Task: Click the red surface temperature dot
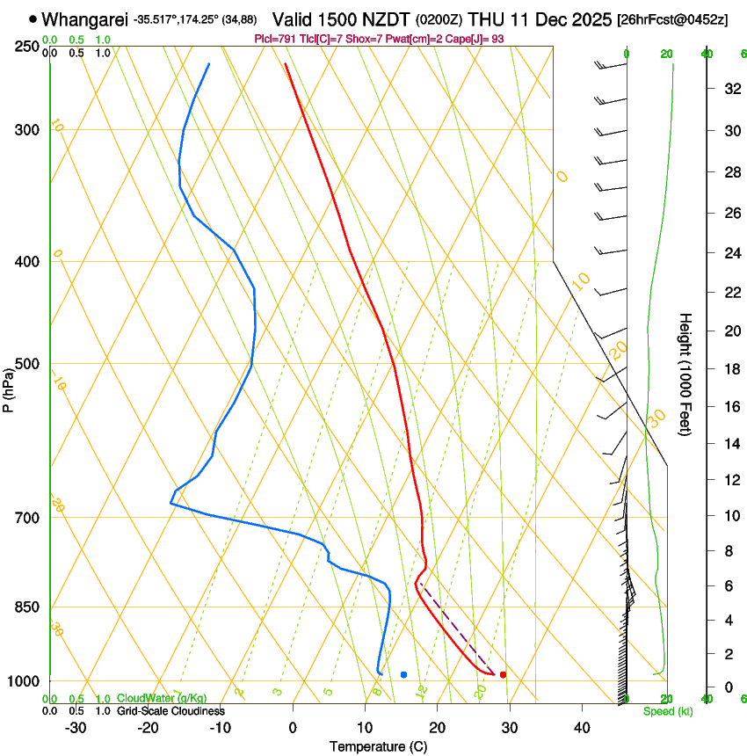click(x=503, y=674)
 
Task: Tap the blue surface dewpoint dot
click(x=403, y=674)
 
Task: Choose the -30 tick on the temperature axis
click(x=76, y=728)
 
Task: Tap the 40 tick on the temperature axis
click(x=582, y=728)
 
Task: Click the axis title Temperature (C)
click(x=378, y=746)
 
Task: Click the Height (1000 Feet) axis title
click(x=685, y=374)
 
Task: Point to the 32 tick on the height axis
click(x=730, y=88)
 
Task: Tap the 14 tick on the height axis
click(x=730, y=444)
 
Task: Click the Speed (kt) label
click(x=667, y=711)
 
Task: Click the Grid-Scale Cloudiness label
click(x=170, y=711)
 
